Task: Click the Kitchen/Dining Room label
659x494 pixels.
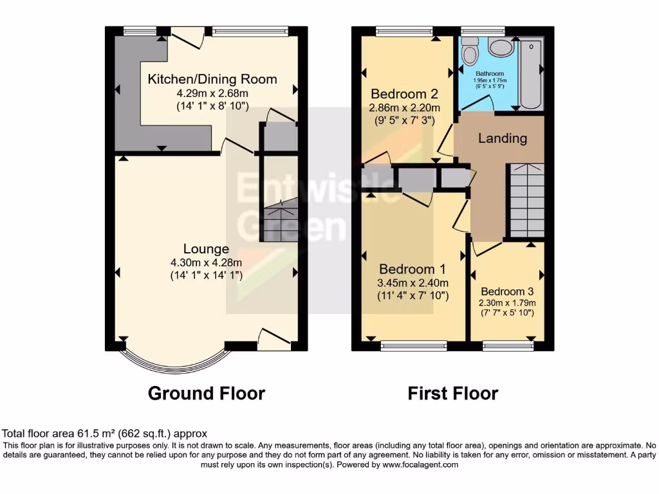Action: tap(212, 79)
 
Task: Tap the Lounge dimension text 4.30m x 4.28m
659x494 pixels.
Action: tap(206, 262)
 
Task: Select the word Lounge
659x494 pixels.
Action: tap(206, 249)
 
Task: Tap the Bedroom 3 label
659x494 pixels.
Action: tap(507, 290)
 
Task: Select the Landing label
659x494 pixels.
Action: tap(503, 138)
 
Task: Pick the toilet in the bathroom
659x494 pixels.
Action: tap(470, 47)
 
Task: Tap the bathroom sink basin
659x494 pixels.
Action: tap(499, 46)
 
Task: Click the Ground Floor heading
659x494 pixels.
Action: tap(206, 393)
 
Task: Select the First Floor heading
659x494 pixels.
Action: tap(453, 393)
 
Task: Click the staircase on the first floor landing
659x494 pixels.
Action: tap(526, 199)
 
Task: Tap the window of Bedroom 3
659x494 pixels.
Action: tap(508, 346)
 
